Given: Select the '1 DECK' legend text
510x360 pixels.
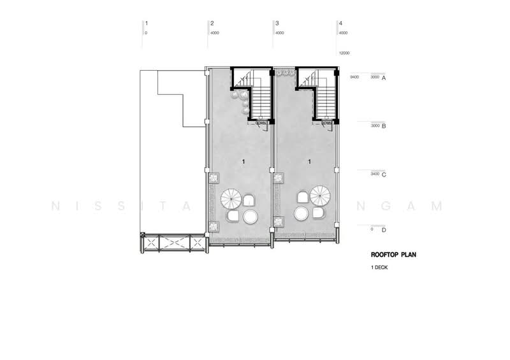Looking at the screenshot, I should (379, 268).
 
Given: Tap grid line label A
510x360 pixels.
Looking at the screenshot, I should (384, 77).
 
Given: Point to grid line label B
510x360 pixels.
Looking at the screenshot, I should (384, 126).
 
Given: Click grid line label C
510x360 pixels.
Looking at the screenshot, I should (384, 174).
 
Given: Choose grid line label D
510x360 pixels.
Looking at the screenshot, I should (384, 229).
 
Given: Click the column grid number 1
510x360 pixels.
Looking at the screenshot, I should (146, 24).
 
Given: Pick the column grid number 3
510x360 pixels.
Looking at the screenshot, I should (276, 24).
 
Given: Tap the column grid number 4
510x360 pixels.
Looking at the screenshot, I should (341, 24).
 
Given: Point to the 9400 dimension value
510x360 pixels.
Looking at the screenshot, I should (354, 77).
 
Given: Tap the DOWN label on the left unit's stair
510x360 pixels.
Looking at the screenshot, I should (261, 124).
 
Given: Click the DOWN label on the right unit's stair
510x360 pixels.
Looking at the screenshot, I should (327, 124).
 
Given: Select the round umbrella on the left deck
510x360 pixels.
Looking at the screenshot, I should (230, 199).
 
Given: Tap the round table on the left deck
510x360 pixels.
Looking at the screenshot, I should (250, 217).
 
